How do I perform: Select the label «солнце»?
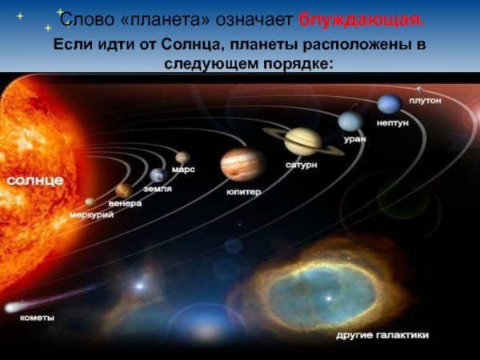click(x=35, y=181)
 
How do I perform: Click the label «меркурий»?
click(x=91, y=214)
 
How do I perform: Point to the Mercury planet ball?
click(x=90, y=202)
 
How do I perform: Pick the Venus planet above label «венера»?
click(x=123, y=190)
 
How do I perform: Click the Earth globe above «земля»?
click(x=158, y=175)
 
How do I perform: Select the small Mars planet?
click(x=182, y=157)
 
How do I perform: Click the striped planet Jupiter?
click(x=242, y=164)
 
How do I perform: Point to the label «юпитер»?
click(x=243, y=192)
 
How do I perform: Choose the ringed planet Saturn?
click(x=303, y=141)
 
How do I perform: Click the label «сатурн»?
click(x=302, y=165)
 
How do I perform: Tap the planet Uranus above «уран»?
click(x=350, y=121)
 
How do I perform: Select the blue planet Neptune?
click(x=390, y=104)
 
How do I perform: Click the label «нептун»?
click(x=391, y=124)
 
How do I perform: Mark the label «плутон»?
click(x=425, y=100)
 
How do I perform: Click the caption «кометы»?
click(x=37, y=318)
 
